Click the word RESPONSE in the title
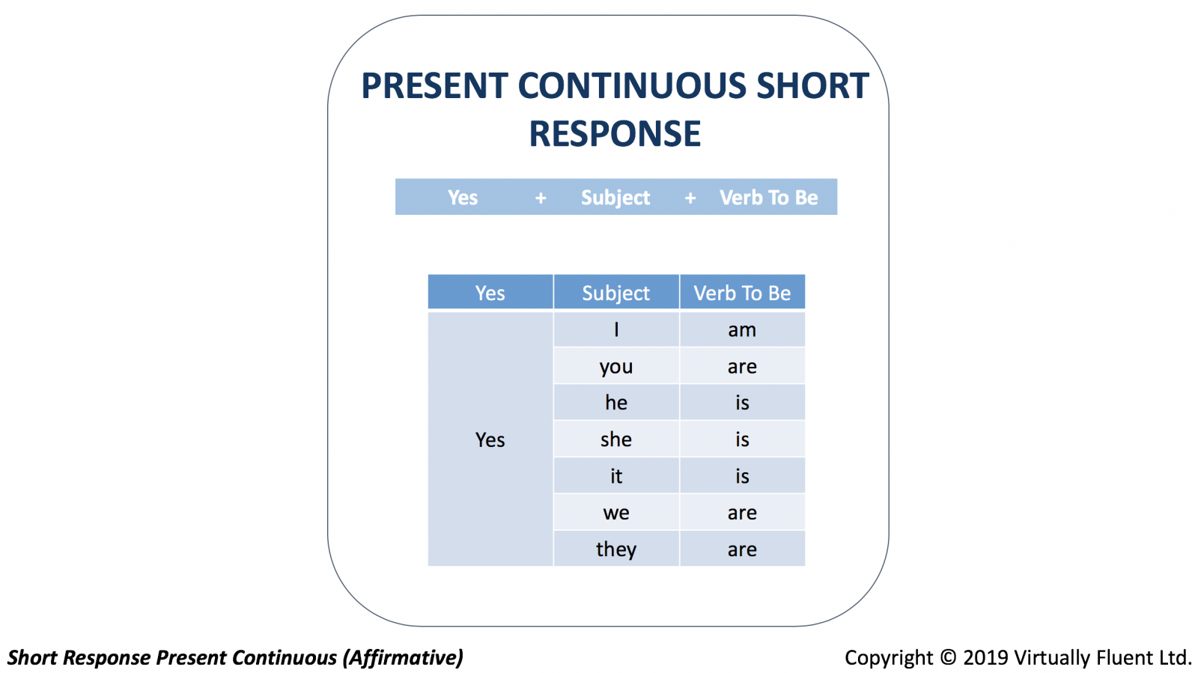point(615,133)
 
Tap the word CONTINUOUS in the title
point(632,85)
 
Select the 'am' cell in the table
point(742,329)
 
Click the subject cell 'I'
point(616,329)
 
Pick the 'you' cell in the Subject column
point(616,366)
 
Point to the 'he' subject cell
point(616,403)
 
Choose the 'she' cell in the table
point(616,439)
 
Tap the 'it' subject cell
point(616,476)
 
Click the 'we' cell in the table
point(616,513)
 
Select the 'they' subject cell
point(616,549)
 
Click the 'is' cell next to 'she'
point(742,439)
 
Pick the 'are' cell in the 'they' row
point(742,549)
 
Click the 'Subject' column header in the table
point(616,293)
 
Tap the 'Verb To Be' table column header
point(742,293)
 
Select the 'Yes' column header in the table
point(490,293)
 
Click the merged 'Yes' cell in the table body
point(490,439)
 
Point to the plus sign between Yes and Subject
point(541,198)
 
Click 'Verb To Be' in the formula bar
point(768,198)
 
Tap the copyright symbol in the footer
point(948,657)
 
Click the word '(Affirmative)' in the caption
point(403,658)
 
